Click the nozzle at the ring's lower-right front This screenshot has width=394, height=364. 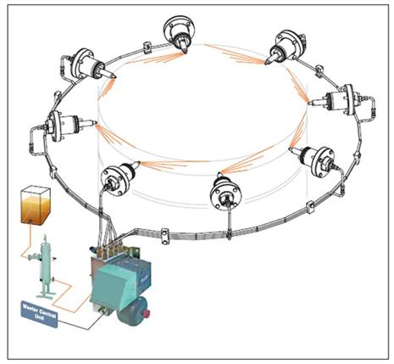coord(318,159)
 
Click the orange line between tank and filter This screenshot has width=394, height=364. coord(32,243)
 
